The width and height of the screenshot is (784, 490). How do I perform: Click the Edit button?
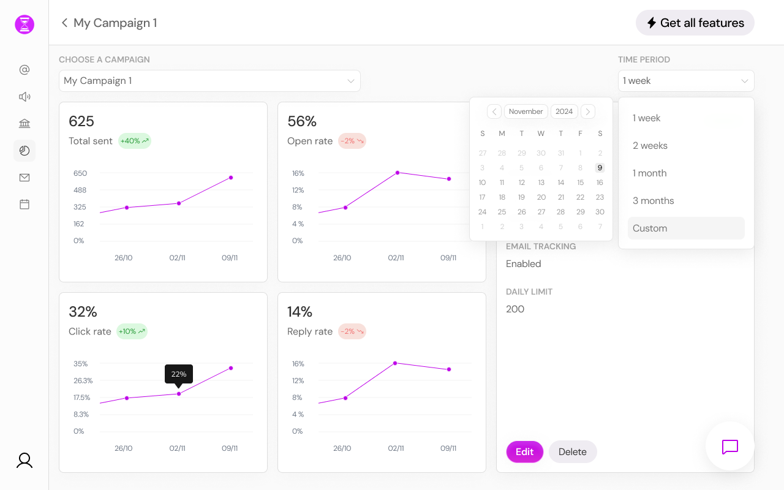tap(524, 452)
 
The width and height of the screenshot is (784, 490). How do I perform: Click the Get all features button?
tap(695, 23)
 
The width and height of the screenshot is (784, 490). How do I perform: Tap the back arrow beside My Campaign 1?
tap(64, 23)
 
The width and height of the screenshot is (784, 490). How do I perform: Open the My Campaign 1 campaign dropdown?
tap(209, 81)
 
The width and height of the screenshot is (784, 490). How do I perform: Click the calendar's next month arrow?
tap(587, 111)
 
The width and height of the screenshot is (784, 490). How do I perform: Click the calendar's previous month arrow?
tap(494, 111)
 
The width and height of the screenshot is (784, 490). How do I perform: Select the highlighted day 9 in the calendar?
tap(600, 168)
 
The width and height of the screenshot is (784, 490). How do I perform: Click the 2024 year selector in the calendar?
tap(564, 111)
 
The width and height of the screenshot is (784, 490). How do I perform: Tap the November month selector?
tap(526, 111)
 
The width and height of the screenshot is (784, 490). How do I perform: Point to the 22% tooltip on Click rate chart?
tap(179, 374)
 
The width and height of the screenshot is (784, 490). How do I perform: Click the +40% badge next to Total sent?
tap(134, 141)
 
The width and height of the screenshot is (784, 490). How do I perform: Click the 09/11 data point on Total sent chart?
tap(231, 178)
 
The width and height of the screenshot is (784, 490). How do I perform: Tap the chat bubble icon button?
tap(729, 447)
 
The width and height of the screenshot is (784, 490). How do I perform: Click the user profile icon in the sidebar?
tap(24, 461)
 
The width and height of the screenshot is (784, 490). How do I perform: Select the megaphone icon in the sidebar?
tap(24, 97)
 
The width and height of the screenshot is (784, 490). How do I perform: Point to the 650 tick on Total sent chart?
tap(80, 173)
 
